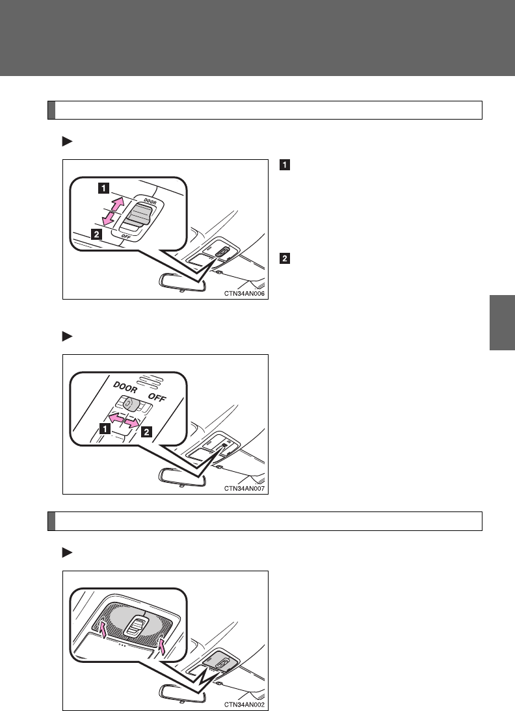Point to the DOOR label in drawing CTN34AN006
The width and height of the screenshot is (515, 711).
(x=152, y=201)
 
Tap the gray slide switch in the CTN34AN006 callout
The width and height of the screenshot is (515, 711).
(x=139, y=215)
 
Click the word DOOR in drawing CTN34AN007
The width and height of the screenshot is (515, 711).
(x=111, y=387)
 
